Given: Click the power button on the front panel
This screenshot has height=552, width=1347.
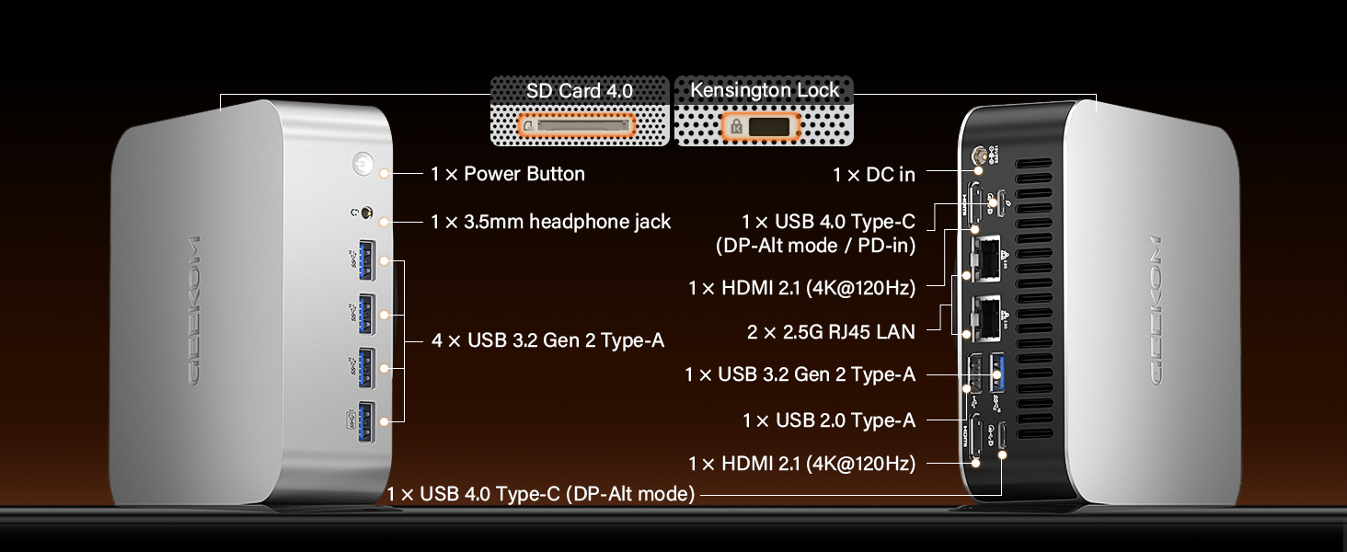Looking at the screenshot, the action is pyautogui.click(x=363, y=164).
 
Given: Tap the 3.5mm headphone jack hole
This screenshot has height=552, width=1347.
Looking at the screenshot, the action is pyautogui.click(x=366, y=213).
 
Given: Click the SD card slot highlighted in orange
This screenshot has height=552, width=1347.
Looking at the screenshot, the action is pyautogui.click(x=577, y=126).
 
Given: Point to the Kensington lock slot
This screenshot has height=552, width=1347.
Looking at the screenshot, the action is pyautogui.click(x=761, y=127).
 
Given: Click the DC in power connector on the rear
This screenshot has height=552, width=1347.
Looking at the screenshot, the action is pyautogui.click(x=978, y=155).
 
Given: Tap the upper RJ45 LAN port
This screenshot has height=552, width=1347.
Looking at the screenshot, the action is pyautogui.click(x=986, y=258).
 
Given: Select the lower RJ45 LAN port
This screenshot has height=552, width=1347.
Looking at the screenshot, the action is pyautogui.click(x=986, y=318).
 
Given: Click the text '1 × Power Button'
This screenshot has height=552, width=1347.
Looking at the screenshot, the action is pyautogui.click(x=508, y=174).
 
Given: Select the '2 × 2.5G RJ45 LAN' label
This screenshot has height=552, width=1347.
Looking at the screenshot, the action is pyautogui.click(x=831, y=332).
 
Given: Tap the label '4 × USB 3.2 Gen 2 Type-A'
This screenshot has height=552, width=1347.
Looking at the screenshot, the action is pyautogui.click(x=547, y=340).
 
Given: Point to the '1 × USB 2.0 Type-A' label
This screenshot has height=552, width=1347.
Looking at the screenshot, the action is pyautogui.click(x=829, y=420).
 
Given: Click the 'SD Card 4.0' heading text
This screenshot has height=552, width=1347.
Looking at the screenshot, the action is pyautogui.click(x=579, y=91).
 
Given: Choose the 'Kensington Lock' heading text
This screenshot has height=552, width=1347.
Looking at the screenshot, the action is pyautogui.click(x=765, y=90).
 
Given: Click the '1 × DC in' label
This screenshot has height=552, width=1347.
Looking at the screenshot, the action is pyautogui.click(x=874, y=175).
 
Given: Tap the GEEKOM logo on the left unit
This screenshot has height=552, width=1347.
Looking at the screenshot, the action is pyautogui.click(x=192, y=310).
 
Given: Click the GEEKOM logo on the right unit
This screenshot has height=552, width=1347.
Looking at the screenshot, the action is pyautogui.click(x=1157, y=310).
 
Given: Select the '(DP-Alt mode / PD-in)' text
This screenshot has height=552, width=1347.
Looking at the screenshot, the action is pyautogui.click(x=815, y=246).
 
